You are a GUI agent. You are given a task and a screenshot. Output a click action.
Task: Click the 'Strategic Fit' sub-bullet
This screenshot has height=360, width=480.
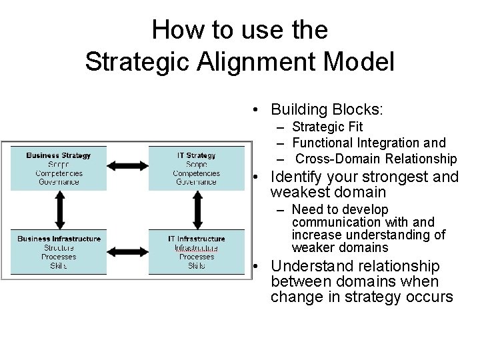327,127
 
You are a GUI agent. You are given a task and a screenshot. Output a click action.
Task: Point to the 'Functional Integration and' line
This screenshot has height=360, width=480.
369,143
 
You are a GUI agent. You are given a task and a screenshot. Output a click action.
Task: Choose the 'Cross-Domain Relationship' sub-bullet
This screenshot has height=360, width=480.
376,159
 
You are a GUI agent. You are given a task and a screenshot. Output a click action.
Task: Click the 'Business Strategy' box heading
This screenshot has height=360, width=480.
59,155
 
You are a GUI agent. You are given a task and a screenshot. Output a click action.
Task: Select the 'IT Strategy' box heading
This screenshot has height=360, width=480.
196,155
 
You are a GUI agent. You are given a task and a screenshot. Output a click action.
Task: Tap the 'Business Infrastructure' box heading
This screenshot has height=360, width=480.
59,239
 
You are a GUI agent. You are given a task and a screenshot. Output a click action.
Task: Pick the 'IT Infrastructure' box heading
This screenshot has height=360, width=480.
196,239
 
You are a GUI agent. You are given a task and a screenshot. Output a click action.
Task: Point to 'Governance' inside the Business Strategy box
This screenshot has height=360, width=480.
59,181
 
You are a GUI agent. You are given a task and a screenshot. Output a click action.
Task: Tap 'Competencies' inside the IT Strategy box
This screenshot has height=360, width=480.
196,173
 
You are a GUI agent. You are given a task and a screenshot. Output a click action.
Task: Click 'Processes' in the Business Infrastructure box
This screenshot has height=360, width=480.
59,256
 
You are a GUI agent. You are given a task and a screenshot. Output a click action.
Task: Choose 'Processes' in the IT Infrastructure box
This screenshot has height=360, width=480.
196,257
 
